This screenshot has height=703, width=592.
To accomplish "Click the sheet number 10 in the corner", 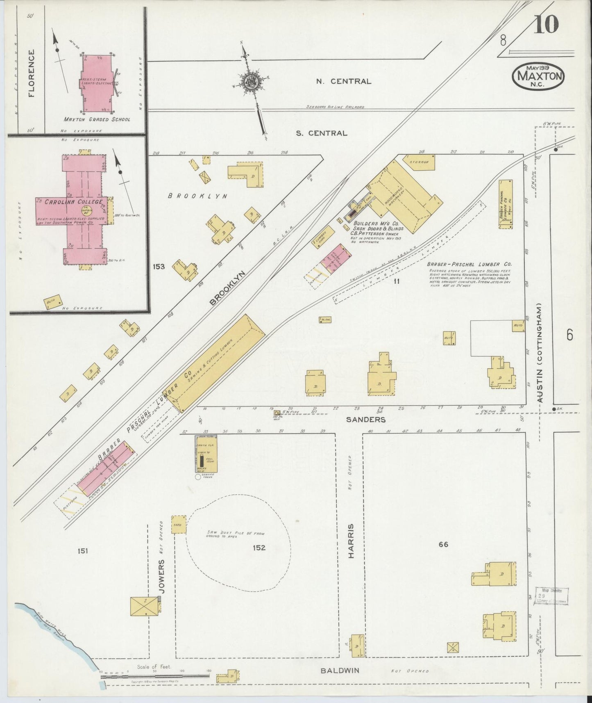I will [x=547, y=25].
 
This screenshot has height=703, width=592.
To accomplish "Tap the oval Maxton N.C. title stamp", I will [x=538, y=76].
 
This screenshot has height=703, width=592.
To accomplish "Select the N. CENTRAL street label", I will [x=344, y=81].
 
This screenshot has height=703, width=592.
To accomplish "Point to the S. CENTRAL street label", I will [x=322, y=133].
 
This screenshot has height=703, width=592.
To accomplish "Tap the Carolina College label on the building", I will [x=68, y=202].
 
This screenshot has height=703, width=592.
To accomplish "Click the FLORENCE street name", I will [x=32, y=73].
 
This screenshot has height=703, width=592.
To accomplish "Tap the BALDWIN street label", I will [x=340, y=671].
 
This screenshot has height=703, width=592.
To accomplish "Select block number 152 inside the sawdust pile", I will [x=259, y=547].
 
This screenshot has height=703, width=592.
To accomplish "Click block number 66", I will [x=443, y=544].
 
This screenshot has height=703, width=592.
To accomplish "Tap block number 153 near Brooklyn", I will [x=159, y=267].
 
